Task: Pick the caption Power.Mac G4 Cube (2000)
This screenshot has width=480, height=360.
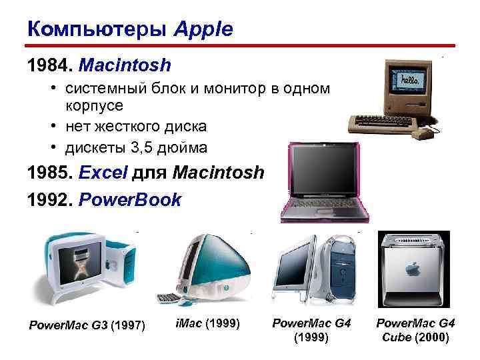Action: coord(415,330)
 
